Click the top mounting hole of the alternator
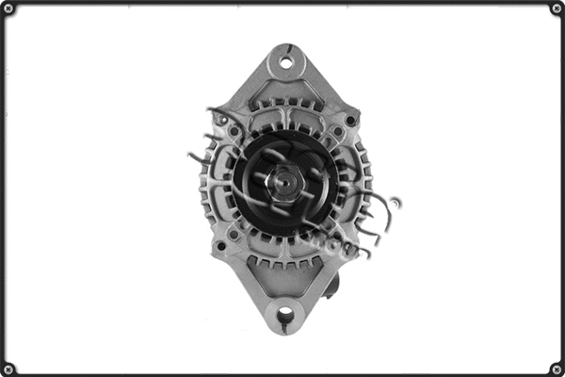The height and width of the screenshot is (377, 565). [x=284, y=64]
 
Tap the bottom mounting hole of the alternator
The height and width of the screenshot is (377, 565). [x=283, y=314]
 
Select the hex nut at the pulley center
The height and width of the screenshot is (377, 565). [x=282, y=182]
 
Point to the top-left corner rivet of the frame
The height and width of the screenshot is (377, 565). [x=8, y=8]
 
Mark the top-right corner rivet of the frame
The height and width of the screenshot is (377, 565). [x=556, y=8]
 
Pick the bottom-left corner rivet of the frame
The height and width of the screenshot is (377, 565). [x=8, y=368]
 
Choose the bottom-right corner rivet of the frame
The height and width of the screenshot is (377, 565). [x=556, y=368]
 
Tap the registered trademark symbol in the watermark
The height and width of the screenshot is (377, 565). [x=395, y=202]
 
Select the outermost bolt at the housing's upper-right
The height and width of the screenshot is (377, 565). [x=350, y=121]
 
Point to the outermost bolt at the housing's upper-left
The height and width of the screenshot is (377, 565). [x=222, y=120]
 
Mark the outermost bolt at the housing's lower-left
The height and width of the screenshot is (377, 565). [x=219, y=246]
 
